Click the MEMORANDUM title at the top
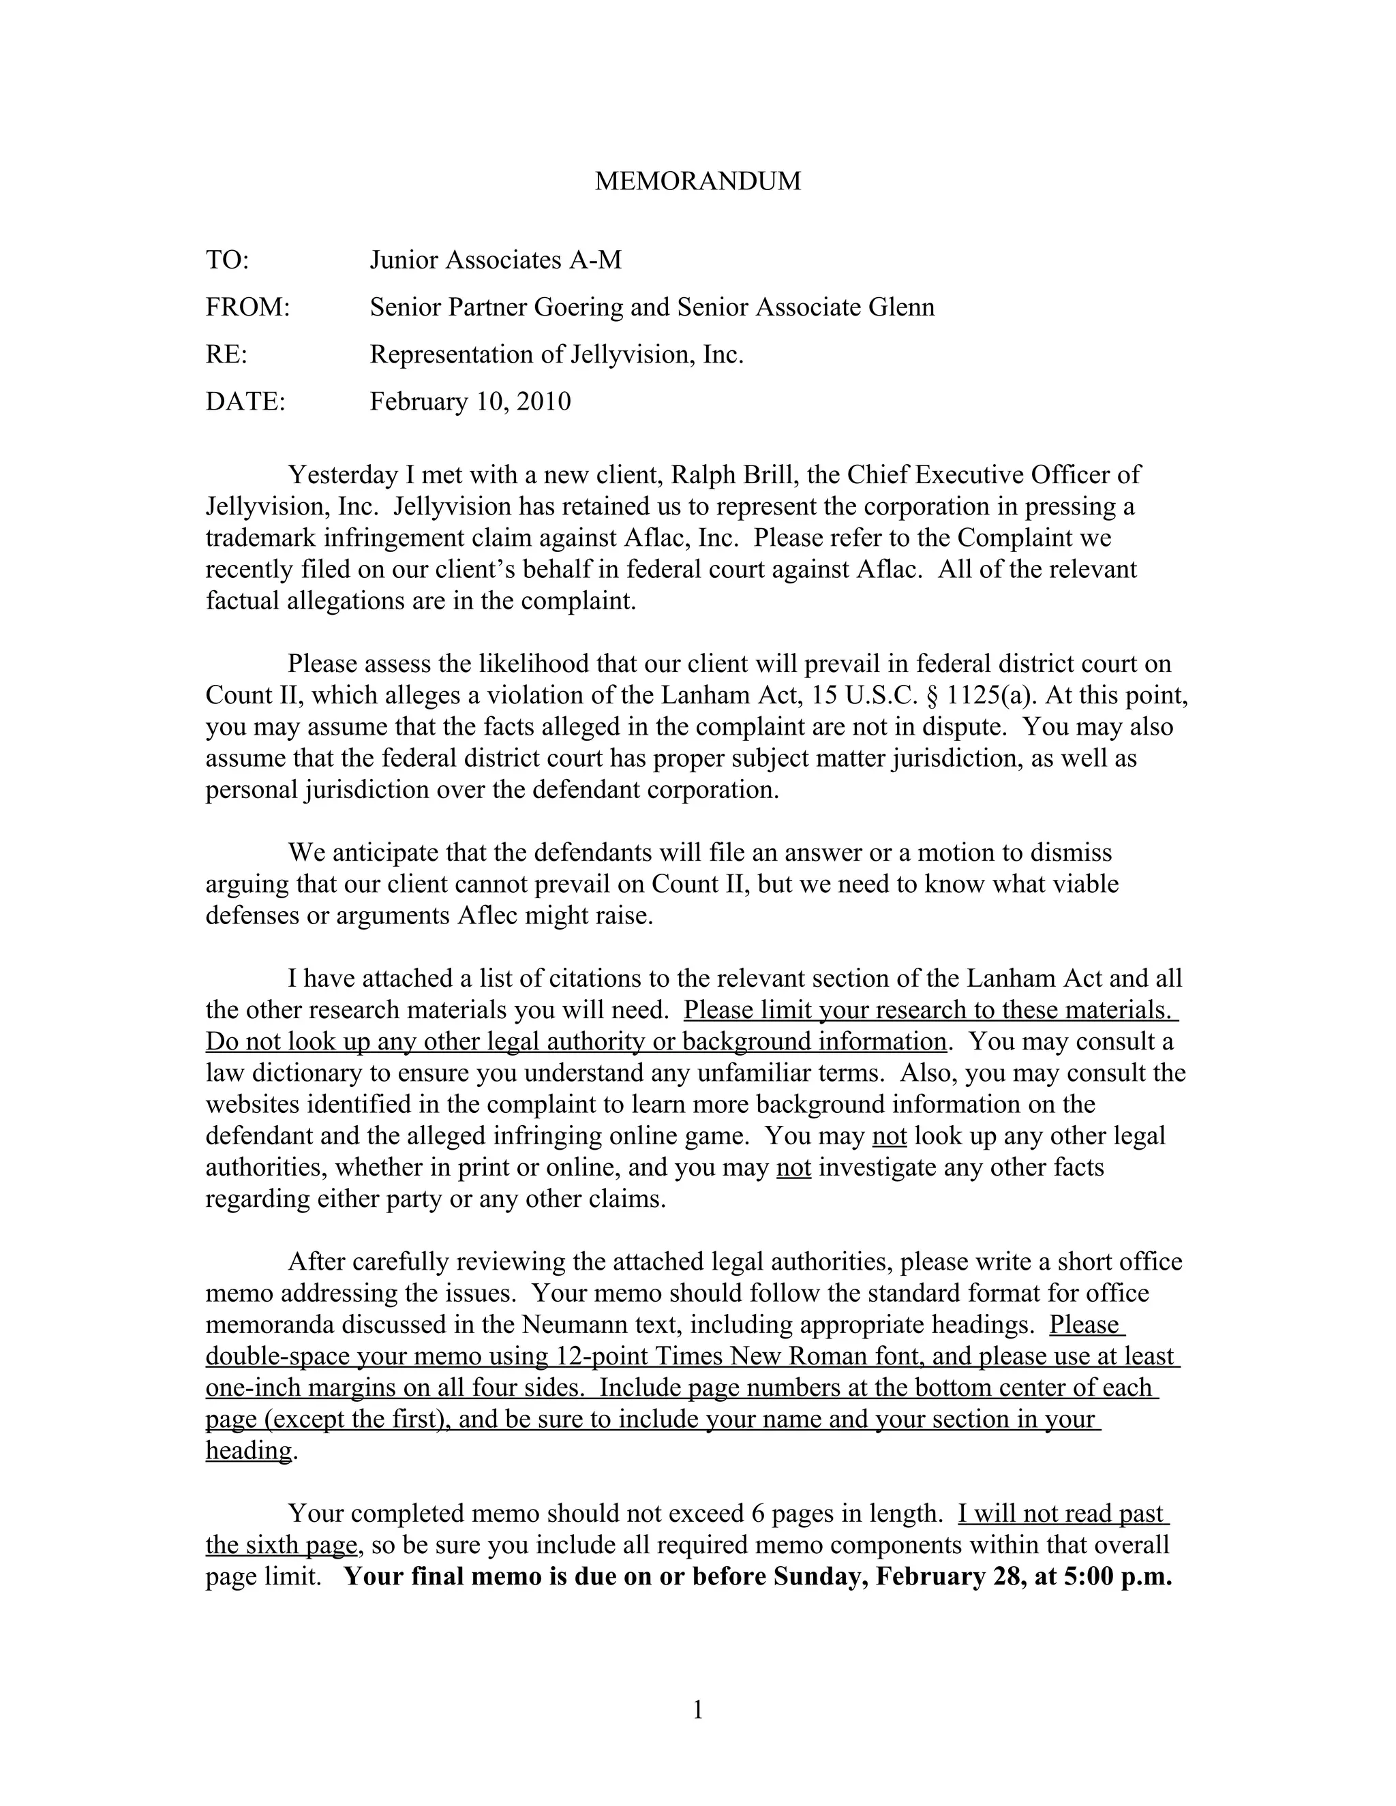[x=697, y=181]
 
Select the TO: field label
[x=226, y=260]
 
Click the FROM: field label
[x=247, y=307]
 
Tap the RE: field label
[x=226, y=355]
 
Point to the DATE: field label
[x=245, y=402]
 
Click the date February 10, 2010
[x=470, y=402]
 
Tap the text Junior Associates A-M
[x=495, y=260]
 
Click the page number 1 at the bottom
[x=697, y=1709]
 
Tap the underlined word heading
[x=248, y=1450]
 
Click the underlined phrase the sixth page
[x=282, y=1546]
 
